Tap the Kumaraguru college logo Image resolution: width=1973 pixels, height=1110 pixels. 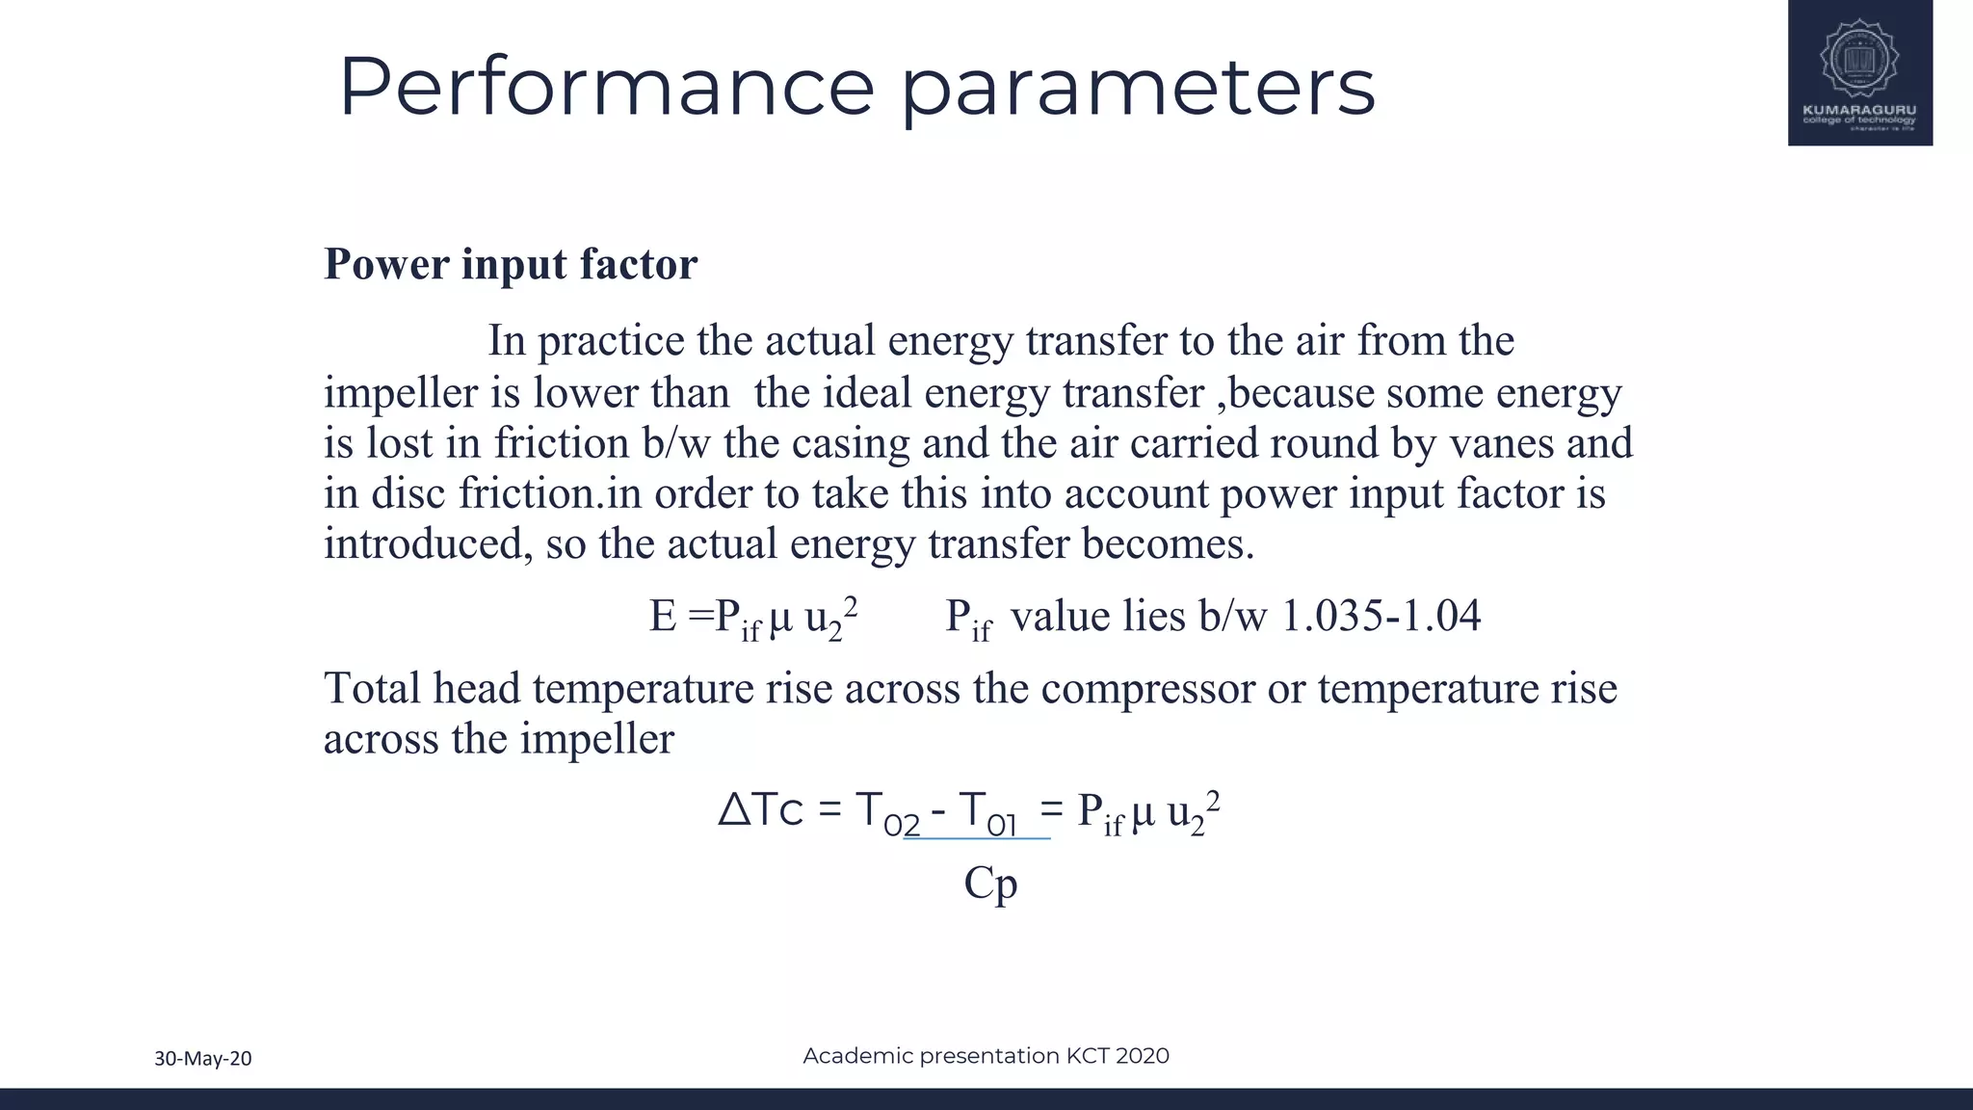click(x=1859, y=73)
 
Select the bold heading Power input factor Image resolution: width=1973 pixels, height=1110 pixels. click(x=511, y=264)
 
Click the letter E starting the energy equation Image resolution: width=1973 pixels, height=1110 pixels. click(x=663, y=616)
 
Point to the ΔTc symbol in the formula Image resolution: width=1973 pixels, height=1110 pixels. click(x=761, y=810)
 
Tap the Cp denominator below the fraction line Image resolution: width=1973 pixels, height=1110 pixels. click(x=990, y=883)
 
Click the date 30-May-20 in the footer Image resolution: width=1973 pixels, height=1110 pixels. click(x=203, y=1059)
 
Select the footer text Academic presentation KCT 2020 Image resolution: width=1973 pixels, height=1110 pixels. click(x=986, y=1056)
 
